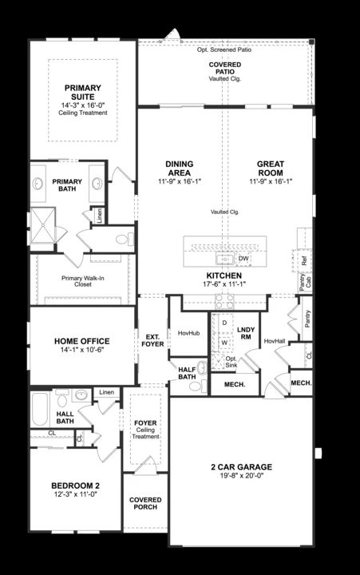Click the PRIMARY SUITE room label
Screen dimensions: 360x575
(83, 93)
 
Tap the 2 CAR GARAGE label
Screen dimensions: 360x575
(242, 467)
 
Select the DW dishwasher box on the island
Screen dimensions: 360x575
(243, 259)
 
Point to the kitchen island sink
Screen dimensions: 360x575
(225, 259)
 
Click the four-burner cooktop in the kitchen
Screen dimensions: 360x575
(224, 301)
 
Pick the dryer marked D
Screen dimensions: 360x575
(225, 323)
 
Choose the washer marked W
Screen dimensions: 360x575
(225, 343)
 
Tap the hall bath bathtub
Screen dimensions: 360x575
(40, 410)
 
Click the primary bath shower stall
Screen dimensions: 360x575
(43, 226)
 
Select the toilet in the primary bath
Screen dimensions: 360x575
(125, 240)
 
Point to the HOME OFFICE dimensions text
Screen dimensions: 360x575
(82, 350)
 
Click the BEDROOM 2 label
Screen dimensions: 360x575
(75, 486)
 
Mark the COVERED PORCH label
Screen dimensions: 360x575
(145, 503)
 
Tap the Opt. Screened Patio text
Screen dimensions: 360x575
(224, 50)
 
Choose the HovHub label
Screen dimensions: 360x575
(189, 333)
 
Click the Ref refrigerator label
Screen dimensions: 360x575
(304, 260)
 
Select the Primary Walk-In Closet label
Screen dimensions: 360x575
(83, 281)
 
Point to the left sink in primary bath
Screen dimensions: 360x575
(38, 184)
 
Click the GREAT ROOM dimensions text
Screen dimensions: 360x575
(271, 181)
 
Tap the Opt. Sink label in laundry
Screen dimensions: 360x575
(231, 362)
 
